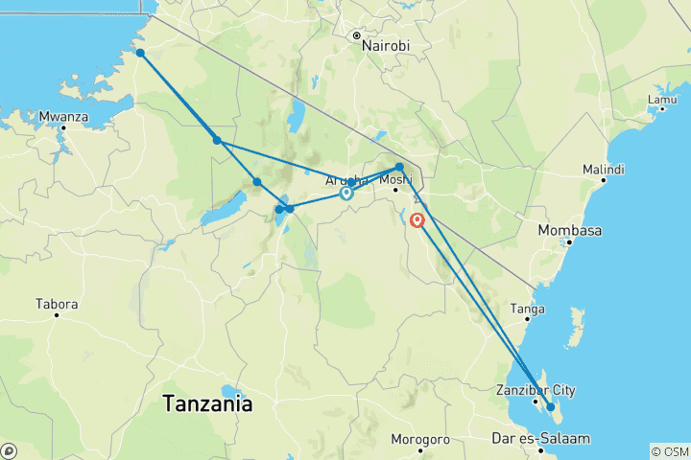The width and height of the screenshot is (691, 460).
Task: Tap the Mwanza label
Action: click(63, 118)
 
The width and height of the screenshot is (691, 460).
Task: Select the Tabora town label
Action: click(56, 305)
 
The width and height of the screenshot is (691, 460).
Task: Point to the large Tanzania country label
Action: click(208, 403)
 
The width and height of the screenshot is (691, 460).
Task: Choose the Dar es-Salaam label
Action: click(540, 439)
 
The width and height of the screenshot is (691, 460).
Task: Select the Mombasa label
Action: click(570, 230)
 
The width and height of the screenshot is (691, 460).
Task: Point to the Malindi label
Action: click(603, 170)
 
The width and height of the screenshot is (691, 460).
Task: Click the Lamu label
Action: click(661, 99)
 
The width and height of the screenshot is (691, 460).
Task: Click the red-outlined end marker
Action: click(417, 219)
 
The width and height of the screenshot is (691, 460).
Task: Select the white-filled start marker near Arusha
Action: click(345, 193)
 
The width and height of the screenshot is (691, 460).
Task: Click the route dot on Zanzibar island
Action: click(551, 407)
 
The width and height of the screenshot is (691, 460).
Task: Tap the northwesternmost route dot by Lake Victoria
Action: click(140, 53)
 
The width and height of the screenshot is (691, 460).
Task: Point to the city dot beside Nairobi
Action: click(355, 35)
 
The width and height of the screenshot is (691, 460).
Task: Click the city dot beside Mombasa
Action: click(569, 241)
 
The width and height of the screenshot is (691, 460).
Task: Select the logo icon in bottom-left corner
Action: click(9, 450)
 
